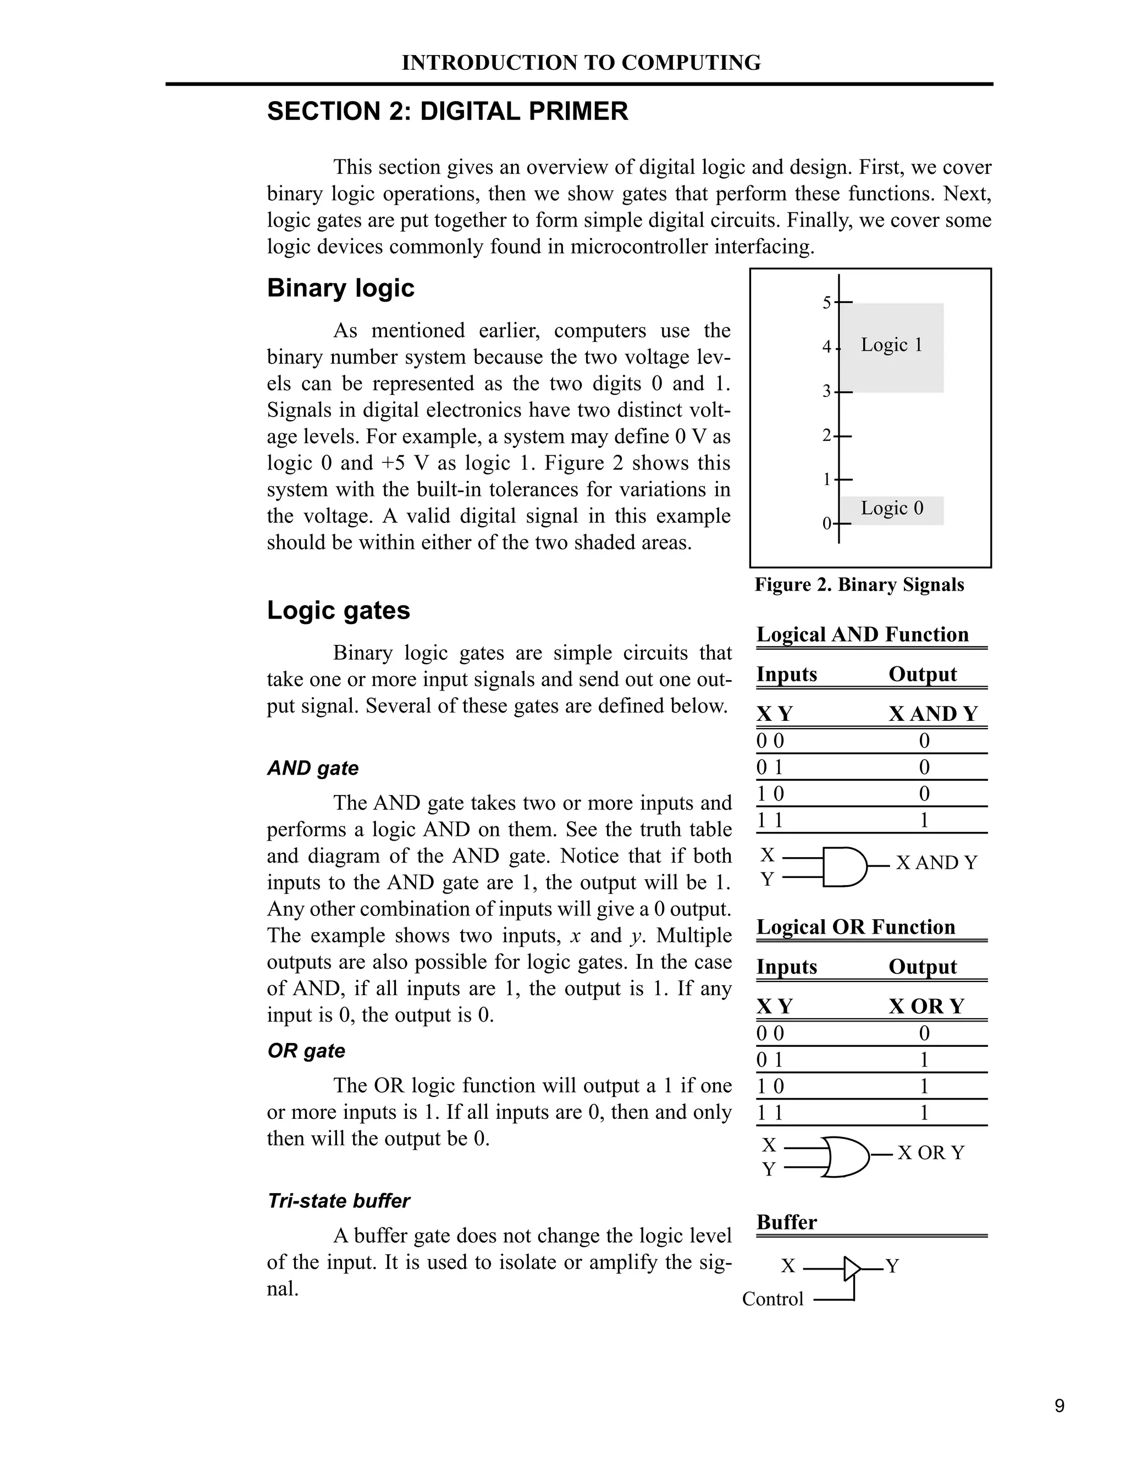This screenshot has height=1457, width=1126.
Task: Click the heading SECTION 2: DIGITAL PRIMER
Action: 448,112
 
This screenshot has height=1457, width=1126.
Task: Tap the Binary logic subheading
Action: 340,288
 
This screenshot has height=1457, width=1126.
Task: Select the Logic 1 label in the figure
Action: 891,345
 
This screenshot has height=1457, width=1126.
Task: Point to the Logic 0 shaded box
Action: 892,510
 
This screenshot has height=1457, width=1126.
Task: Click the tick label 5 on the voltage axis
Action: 826,303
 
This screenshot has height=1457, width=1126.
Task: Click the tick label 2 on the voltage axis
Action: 826,435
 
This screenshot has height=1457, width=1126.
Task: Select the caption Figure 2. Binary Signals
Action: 859,584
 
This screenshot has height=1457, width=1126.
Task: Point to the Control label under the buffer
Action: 772,1299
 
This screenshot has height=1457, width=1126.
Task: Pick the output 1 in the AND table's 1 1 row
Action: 924,820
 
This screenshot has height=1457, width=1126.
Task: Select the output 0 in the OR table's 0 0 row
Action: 924,1034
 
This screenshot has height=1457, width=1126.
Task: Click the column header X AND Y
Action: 932,714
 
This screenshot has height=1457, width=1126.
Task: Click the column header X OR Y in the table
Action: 926,1006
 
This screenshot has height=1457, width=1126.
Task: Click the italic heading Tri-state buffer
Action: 338,1201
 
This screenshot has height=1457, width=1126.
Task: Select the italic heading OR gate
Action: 306,1051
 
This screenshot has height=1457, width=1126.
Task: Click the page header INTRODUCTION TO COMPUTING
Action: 581,63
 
